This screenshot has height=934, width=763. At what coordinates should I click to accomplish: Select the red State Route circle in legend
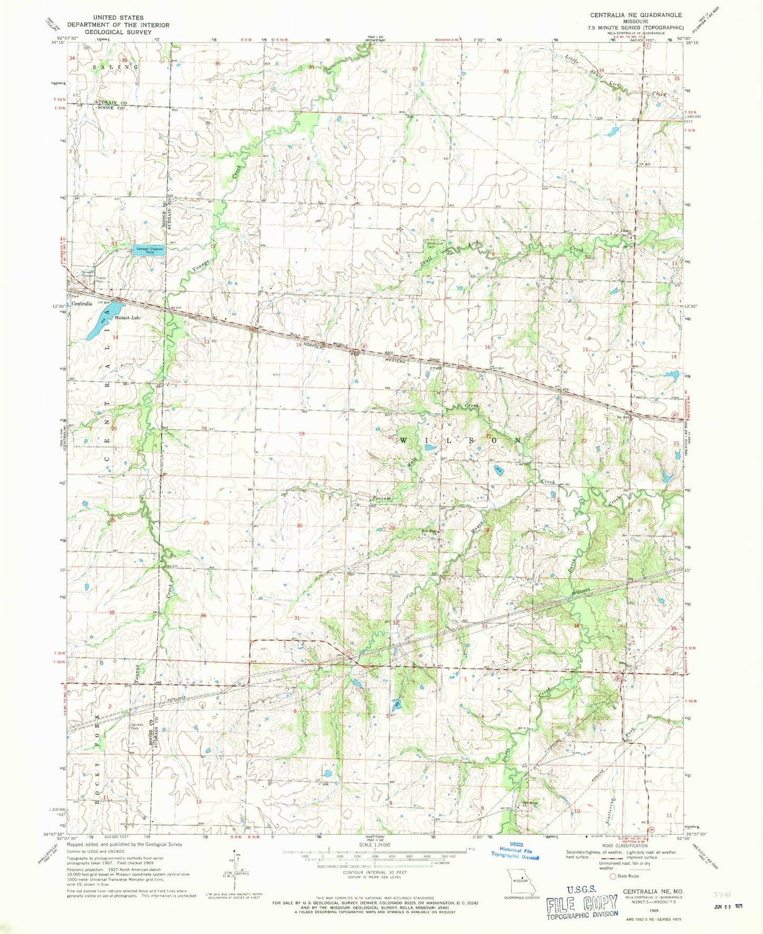click(x=613, y=876)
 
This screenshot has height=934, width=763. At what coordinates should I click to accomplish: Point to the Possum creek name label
click(x=381, y=497)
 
